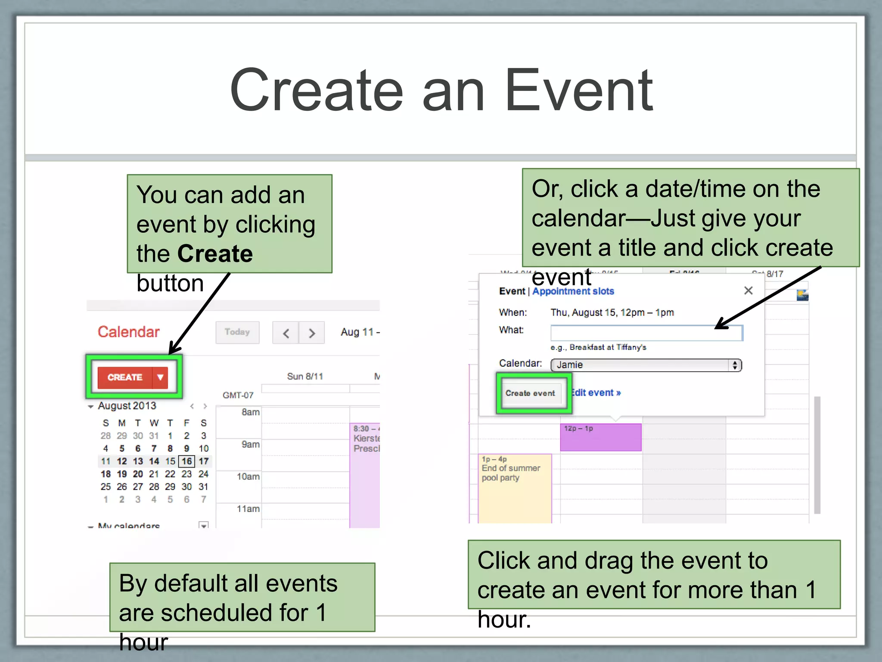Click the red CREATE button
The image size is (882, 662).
pos(125,378)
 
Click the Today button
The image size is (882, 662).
pos(237,332)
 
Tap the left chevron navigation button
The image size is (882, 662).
pos(286,333)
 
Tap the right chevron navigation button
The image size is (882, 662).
pos(312,333)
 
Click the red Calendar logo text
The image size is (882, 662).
pos(128,332)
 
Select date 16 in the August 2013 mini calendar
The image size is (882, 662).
pos(186,461)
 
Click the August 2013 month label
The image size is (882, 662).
pos(127,406)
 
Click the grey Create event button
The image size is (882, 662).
pos(530,393)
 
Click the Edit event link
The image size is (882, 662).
pos(596,393)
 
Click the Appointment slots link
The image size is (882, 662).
pos(573,291)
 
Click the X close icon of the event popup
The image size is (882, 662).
pos(748,290)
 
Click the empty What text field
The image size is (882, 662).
pos(646,333)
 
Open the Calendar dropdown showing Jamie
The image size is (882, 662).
pos(646,365)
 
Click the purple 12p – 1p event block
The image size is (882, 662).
pos(600,437)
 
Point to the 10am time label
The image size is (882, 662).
pos(248,477)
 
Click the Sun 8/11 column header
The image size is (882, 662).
pos(305,376)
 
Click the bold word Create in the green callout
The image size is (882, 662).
pos(215,253)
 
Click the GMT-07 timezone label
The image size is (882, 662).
pos(238,395)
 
